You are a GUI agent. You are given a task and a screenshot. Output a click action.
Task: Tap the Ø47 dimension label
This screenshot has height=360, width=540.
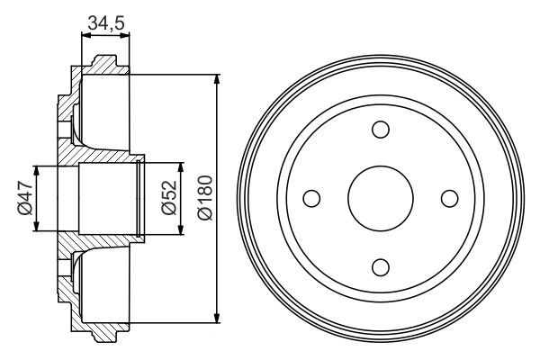pyautogui.click(x=23, y=198)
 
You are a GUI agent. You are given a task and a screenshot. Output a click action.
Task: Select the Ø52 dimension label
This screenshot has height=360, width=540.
pyautogui.click(x=168, y=199)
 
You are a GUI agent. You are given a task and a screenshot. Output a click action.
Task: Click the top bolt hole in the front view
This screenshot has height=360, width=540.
pyautogui.click(x=380, y=129)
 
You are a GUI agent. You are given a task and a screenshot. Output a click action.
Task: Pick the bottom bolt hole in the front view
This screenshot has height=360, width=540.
pyautogui.click(x=380, y=265)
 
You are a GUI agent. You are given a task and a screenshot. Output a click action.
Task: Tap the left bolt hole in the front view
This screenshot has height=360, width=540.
pyautogui.click(x=311, y=197)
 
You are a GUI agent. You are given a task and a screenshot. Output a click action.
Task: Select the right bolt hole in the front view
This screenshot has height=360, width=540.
pyautogui.click(x=448, y=197)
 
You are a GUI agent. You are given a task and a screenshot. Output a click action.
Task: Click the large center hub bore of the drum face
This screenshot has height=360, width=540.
pyautogui.click(x=380, y=197)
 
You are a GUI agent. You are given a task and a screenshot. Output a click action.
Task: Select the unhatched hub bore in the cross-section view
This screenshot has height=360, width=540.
pyautogui.click(x=103, y=198)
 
